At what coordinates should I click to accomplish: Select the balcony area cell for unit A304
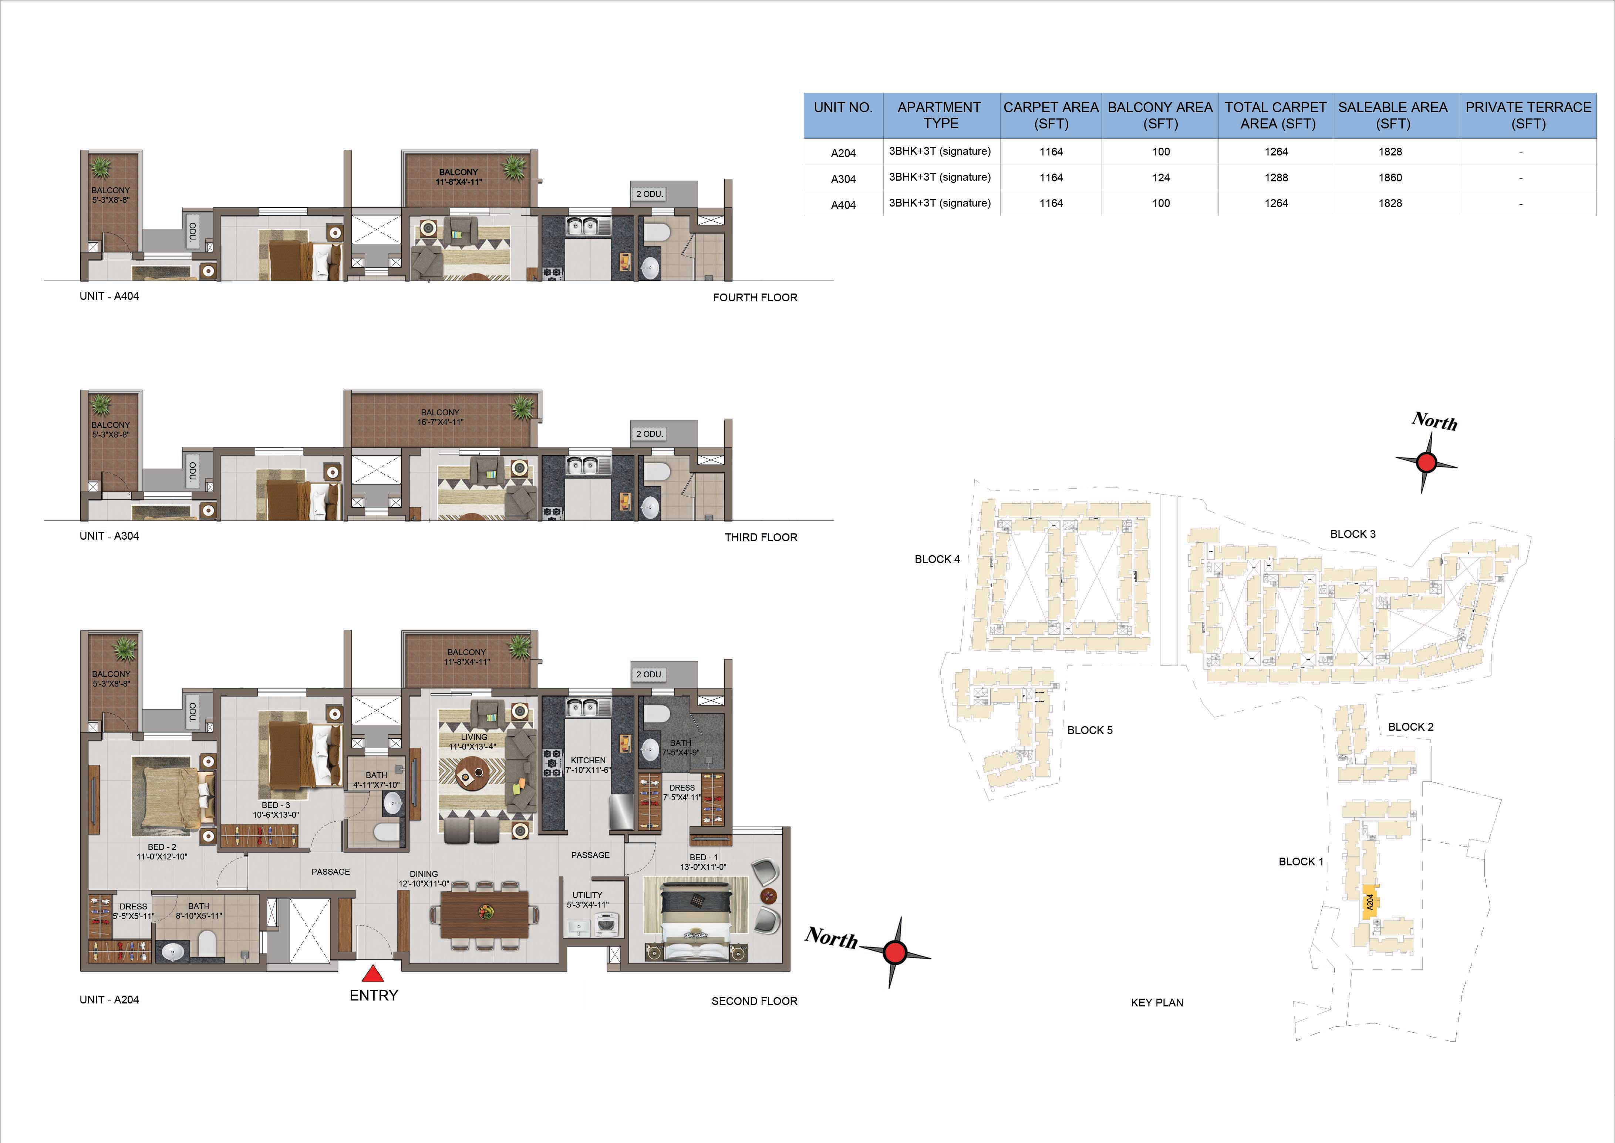click(1161, 177)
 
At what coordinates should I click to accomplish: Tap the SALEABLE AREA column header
click(1393, 115)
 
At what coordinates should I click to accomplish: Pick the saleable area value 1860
click(1390, 177)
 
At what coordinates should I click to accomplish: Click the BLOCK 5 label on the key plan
click(1090, 730)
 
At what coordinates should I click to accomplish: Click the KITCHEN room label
click(588, 760)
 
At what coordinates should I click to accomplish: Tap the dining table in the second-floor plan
click(485, 914)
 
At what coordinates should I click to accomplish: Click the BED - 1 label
click(704, 857)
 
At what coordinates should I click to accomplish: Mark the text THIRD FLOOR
click(761, 537)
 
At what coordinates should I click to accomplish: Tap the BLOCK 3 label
click(1353, 534)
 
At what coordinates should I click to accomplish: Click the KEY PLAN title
click(1157, 1002)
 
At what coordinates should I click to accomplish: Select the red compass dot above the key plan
click(1426, 462)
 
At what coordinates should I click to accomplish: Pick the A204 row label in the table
click(843, 153)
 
